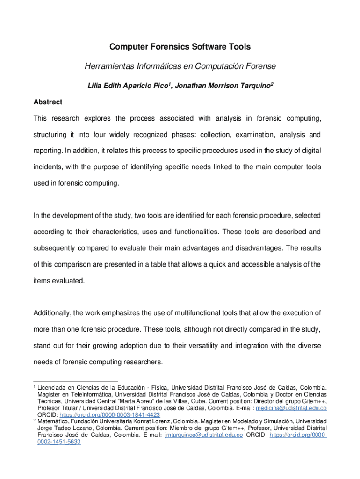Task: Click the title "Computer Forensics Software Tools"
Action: tap(180, 47)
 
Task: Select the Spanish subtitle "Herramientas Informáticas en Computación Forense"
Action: tap(180, 66)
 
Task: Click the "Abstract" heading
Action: tap(48, 102)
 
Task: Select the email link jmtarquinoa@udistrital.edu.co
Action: tap(204, 435)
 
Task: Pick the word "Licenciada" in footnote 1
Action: tap(53, 388)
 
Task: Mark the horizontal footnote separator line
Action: tap(76, 381)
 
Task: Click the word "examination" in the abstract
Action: tap(256, 135)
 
